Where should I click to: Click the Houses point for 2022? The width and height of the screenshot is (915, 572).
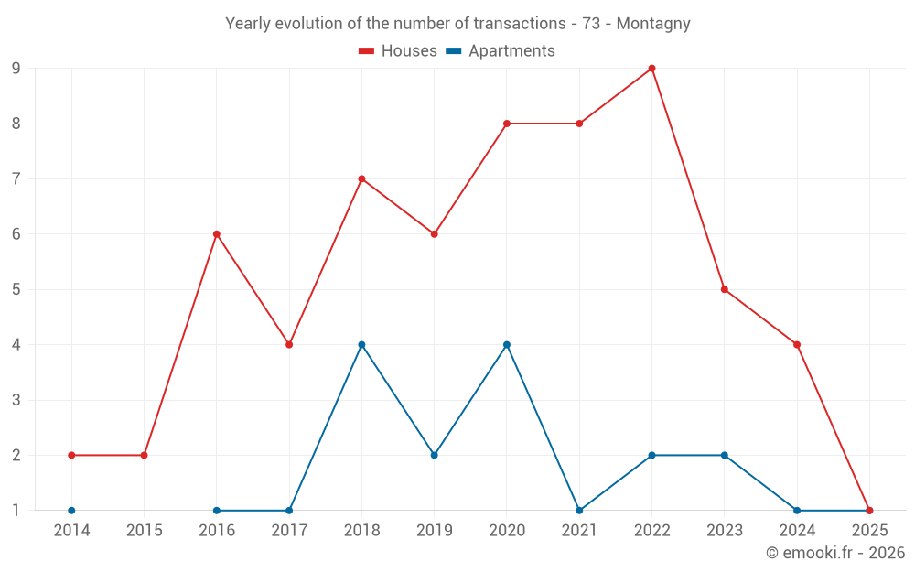651,69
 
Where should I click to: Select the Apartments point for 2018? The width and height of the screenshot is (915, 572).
361,345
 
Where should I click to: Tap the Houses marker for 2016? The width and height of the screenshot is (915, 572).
217,234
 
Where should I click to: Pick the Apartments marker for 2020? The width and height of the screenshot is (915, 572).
507,345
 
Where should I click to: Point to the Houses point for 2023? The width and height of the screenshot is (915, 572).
725,289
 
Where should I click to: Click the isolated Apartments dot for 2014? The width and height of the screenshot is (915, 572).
71,511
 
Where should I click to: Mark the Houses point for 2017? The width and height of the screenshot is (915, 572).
289,345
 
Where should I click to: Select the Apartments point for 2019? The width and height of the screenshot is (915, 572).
434,455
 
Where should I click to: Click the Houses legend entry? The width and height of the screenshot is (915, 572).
398,51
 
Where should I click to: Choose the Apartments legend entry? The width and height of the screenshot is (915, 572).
501,51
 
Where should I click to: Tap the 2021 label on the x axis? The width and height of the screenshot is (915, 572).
579,531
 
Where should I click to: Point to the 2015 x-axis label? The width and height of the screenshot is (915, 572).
144,531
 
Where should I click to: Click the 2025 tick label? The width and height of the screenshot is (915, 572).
869,531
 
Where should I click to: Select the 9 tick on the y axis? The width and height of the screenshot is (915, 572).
16,69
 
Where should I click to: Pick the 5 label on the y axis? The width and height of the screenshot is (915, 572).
16,289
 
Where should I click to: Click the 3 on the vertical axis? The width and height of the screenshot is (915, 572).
16,400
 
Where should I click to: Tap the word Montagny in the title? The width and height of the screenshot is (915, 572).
653,24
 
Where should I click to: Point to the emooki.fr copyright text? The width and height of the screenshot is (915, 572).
835,553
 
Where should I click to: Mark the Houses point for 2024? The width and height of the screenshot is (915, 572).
797,345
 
